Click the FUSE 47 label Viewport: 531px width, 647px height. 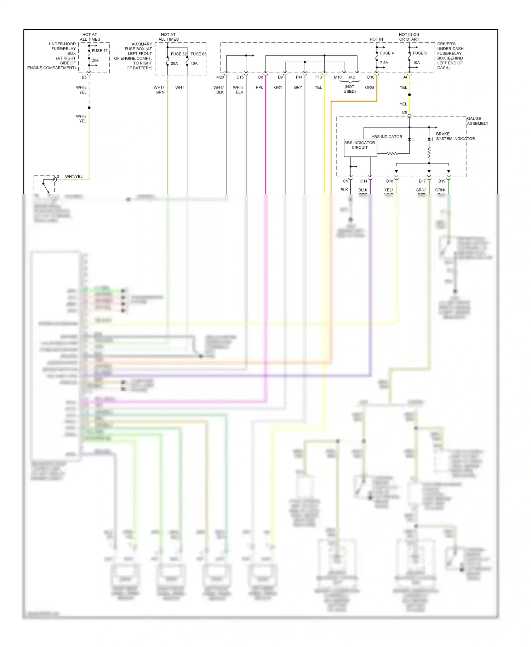point(99,51)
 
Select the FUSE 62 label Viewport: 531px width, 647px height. point(178,54)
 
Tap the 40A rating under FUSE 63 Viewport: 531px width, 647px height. point(194,64)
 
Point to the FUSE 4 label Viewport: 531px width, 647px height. point(387,53)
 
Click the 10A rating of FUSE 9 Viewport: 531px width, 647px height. point(416,63)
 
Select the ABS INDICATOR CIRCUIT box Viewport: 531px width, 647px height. point(360,147)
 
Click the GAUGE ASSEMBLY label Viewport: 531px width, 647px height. point(477,121)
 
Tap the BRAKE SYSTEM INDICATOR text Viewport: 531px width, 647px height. point(455,136)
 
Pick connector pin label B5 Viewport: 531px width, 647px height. point(84,77)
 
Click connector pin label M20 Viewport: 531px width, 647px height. point(220,77)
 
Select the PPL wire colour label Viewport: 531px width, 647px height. point(259,87)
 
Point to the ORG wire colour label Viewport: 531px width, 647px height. point(369,87)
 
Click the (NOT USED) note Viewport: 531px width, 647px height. point(349,89)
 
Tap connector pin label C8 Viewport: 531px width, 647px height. point(404,113)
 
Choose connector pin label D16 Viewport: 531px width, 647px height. point(371,77)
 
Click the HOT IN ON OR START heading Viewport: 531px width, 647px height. point(409,37)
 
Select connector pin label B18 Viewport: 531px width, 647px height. point(389,181)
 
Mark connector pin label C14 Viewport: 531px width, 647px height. point(364,181)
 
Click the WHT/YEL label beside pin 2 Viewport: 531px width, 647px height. point(74,177)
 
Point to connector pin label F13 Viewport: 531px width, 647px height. point(319,77)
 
